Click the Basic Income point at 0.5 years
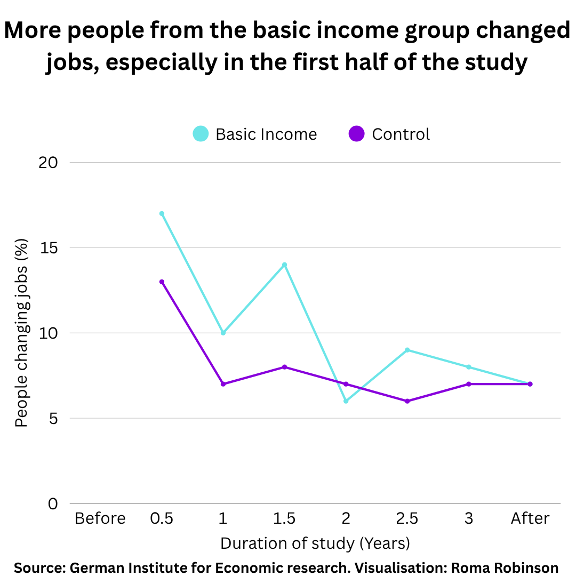[162, 213]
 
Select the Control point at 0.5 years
[162, 282]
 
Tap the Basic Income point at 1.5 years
[284, 265]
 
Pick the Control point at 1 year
[223, 384]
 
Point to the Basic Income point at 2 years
[346, 401]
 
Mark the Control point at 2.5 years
[407, 401]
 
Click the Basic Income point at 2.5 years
[407, 350]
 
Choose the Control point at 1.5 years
[284, 367]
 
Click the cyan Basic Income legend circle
[201, 134]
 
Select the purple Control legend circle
[356, 134]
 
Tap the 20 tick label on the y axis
[49, 162]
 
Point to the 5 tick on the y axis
[53, 418]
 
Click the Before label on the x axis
[100, 518]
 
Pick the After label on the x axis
[530, 518]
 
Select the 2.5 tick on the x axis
[407, 518]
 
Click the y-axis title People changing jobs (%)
[21, 333]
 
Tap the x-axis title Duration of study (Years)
[315, 543]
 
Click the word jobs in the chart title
[71, 62]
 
